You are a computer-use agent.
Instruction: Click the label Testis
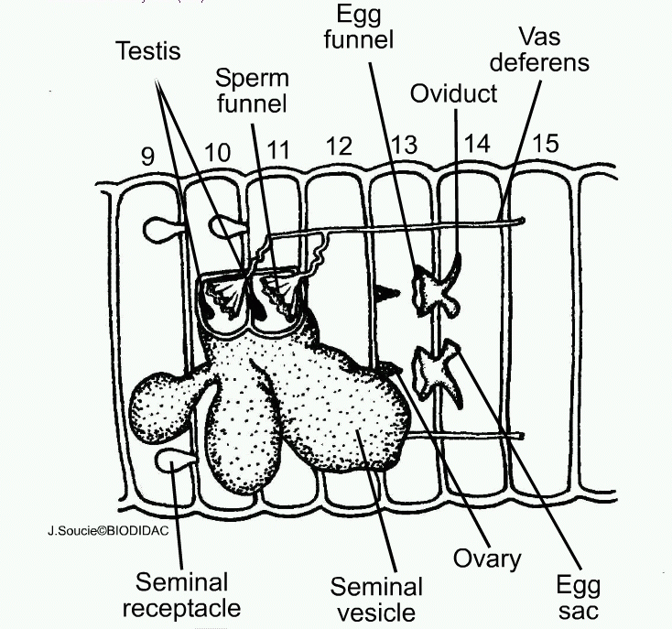pyautogui.click(x=148, y=50)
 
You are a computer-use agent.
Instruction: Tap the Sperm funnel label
pyautogui.click(x=251, y=88)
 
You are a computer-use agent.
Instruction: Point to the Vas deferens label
pyautogui.click(x=549, y=49)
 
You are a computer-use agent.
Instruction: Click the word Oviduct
pyautogui.click(x=454, y=93)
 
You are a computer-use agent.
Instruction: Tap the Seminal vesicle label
pyautogui.click(x=376, y=599)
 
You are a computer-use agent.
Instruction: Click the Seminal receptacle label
pyautogui.click(x=188, y=594)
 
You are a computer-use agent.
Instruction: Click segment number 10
pyautogui.click(x=218, y=152)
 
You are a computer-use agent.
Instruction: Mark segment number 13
pyautogui.click(x=404, y=145)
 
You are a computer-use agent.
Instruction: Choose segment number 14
pyautogui.click(x=478, y=144)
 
